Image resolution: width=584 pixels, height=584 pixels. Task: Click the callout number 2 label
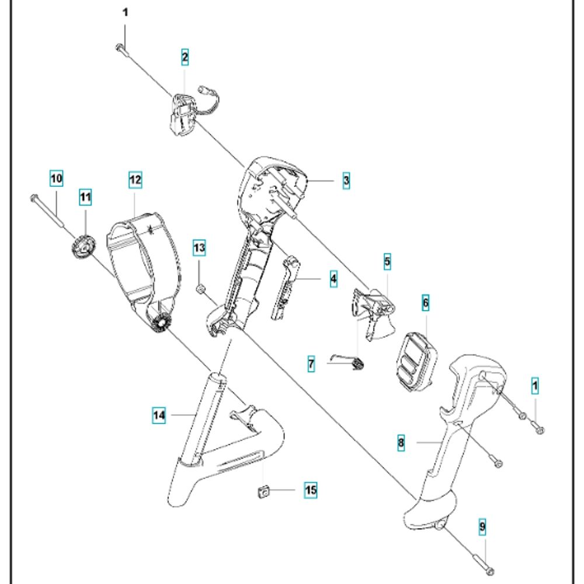[185, 57]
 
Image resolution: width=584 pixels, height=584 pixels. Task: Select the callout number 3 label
[346, 181]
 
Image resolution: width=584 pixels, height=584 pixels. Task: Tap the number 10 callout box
[56, 178]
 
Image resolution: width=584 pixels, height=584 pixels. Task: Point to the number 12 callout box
[135, 180]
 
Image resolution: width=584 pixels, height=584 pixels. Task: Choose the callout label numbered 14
[159, 415]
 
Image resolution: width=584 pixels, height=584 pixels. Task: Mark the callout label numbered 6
[425, 303]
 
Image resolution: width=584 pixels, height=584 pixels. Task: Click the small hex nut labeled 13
[200, 287]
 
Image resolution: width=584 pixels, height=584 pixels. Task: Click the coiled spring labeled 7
[357, 364]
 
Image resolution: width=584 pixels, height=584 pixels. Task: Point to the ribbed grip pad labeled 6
[415, 362]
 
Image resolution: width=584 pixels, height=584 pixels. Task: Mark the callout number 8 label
[401, 443]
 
